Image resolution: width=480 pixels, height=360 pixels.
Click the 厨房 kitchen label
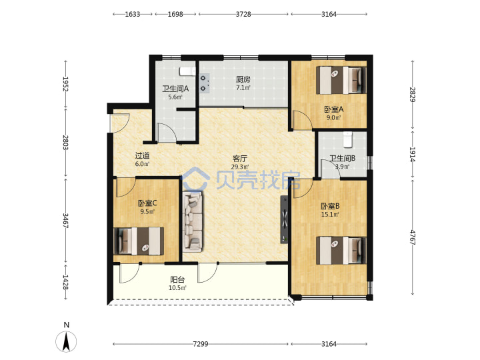243,79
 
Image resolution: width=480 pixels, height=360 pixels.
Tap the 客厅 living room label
240,159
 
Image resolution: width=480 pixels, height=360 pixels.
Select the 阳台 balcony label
177,279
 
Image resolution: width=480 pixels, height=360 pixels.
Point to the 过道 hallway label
143,155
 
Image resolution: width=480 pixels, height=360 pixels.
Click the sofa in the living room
193,221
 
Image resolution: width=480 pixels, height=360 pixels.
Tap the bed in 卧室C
139,241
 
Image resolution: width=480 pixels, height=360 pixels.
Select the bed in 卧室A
341,80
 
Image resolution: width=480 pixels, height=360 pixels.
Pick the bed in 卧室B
341,250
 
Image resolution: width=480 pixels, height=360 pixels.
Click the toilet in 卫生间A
187,71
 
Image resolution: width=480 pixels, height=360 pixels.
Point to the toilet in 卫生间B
347,139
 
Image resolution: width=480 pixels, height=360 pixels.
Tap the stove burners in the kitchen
204,83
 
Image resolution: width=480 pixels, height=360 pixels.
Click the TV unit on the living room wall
285,219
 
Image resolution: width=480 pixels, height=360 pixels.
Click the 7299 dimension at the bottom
201,344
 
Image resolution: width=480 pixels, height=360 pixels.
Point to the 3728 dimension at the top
243,14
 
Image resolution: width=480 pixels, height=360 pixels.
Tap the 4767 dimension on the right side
413,237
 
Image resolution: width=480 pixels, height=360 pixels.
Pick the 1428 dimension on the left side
65,282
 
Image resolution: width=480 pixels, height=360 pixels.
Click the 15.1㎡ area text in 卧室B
330,215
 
